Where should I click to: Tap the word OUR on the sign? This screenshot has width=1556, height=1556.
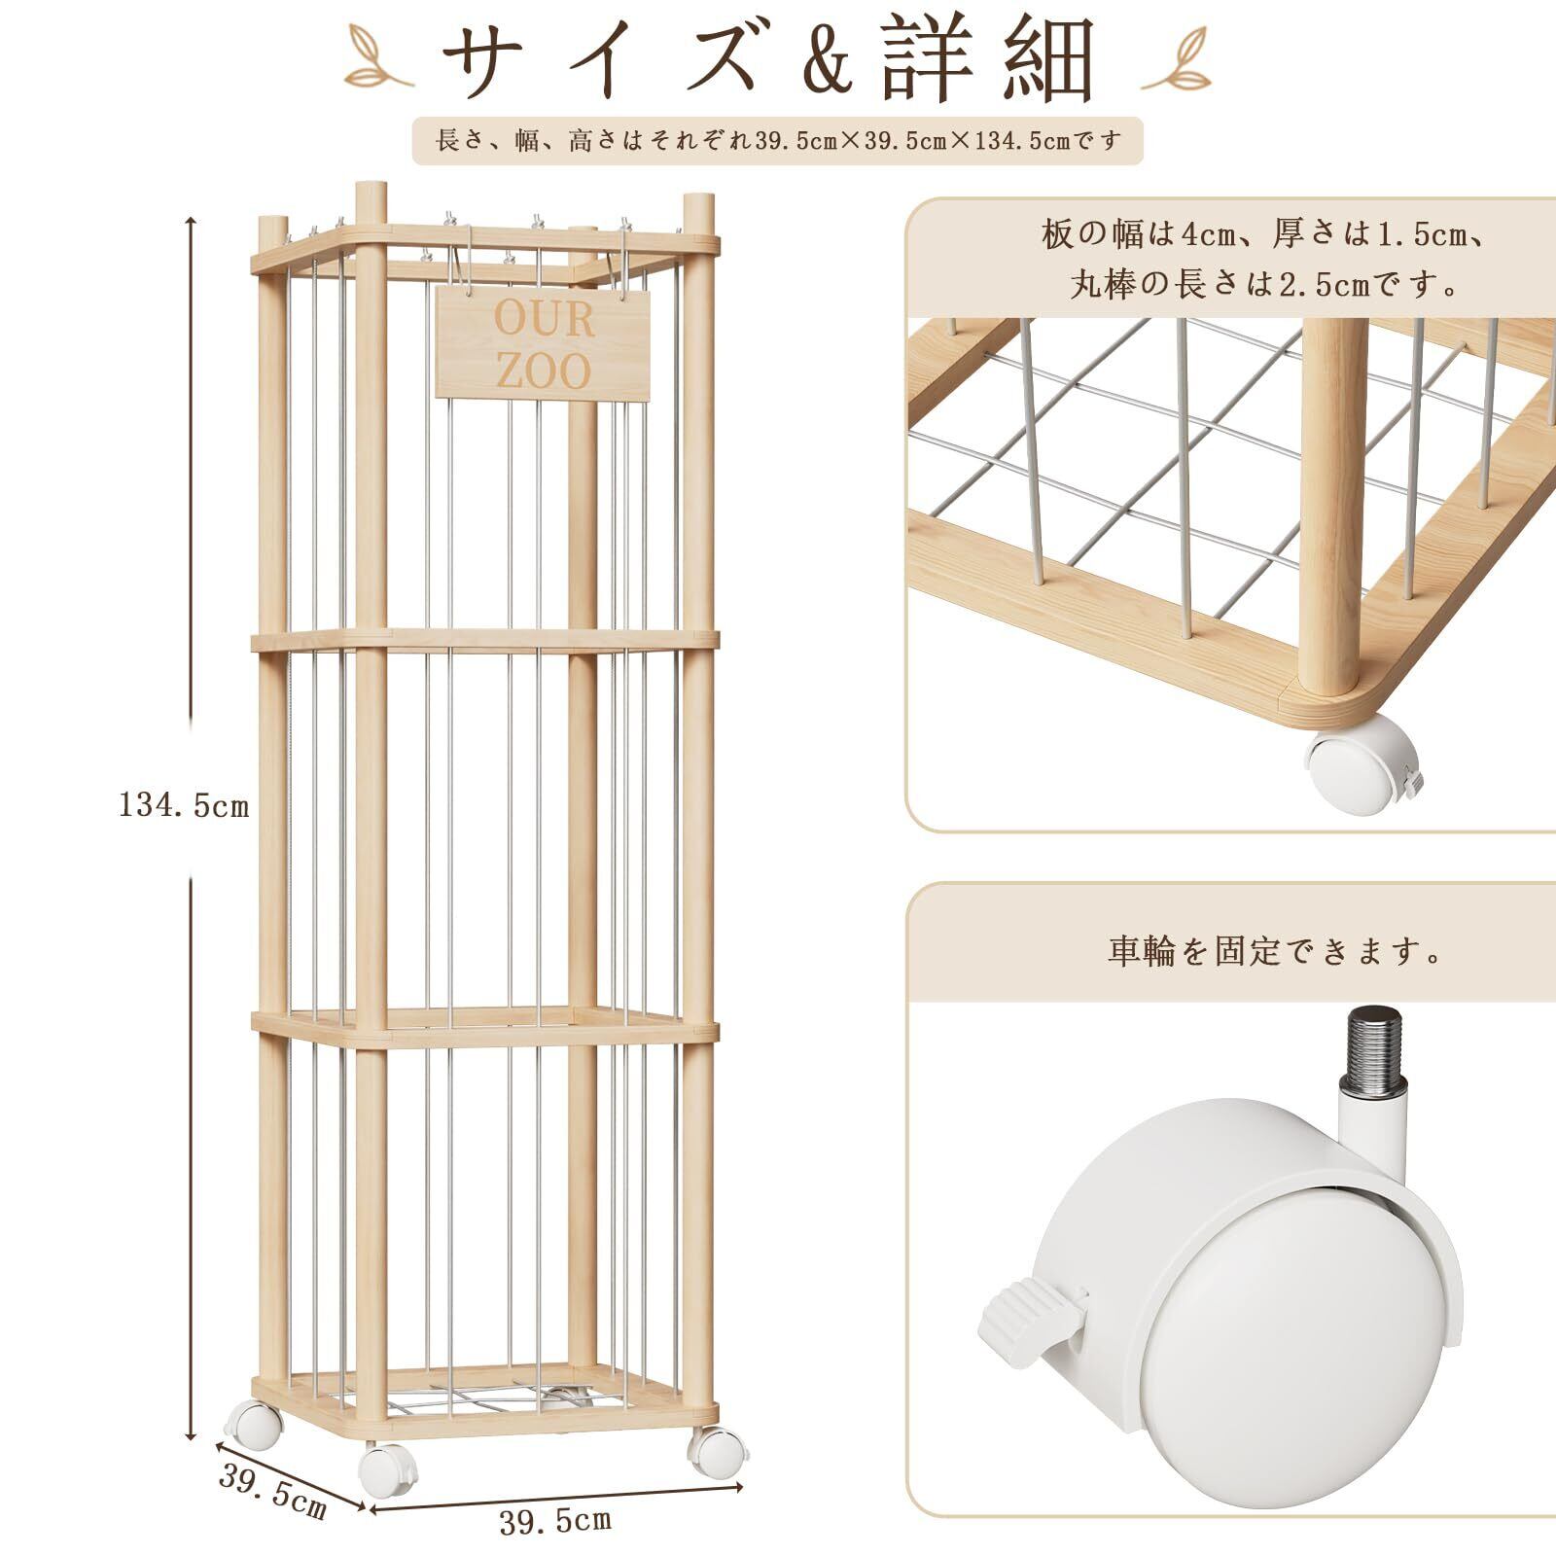[544, 319]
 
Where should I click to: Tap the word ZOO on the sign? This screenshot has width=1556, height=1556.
[543, 371]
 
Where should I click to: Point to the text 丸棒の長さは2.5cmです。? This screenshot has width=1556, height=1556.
[1264, 285]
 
